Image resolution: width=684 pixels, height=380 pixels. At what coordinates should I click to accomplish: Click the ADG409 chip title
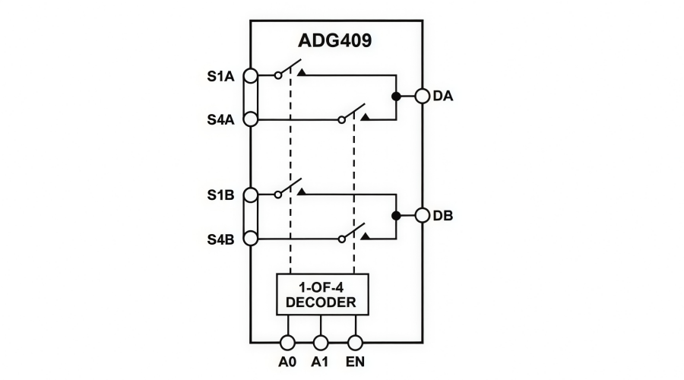[x=335, y=40]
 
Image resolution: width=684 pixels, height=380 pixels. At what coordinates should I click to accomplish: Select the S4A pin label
[x=221, y=119]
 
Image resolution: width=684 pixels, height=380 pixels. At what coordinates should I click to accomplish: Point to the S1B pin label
[x=221, y=195]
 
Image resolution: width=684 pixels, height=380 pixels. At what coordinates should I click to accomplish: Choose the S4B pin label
[x=221, y=239]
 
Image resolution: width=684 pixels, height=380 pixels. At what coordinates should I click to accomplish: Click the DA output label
[x=443, y=97]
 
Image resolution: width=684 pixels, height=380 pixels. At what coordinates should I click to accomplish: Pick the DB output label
[x=443, y=216]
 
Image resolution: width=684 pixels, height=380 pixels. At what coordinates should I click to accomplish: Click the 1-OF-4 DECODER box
[x=321, y=293]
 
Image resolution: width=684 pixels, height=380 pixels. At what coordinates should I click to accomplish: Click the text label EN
[x=354, y=363]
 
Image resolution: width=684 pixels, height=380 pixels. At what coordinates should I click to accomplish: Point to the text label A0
[x=288, y=363]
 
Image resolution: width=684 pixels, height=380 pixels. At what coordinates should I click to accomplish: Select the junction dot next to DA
[x=396, y=97]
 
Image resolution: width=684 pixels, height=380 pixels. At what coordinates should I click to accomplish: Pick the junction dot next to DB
[x=396, y=216]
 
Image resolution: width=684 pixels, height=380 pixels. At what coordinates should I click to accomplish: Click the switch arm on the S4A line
[x=354, y=112]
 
